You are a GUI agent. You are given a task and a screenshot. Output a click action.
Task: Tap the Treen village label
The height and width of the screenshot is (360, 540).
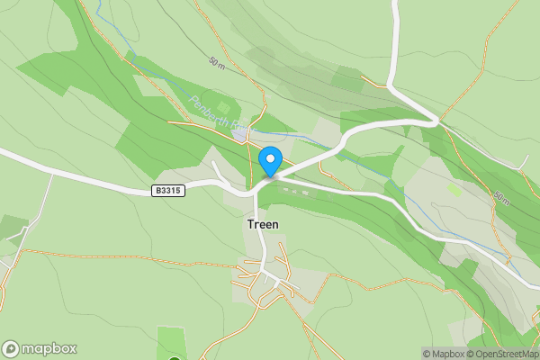(262, 225)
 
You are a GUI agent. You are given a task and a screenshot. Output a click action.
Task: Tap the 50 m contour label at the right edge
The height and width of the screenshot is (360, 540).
(501, 195)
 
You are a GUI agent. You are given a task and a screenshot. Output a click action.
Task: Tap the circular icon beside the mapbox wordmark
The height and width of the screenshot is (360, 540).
(12, 348)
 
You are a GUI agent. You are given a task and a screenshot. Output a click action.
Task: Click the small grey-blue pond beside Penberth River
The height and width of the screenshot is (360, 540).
(240, 135)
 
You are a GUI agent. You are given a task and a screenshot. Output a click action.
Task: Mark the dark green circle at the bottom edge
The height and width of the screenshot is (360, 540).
(174, 357)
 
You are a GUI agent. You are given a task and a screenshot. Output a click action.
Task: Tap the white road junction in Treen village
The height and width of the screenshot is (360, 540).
(262, 270)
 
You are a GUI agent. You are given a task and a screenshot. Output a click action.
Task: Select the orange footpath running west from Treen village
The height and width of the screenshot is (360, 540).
(135, 261)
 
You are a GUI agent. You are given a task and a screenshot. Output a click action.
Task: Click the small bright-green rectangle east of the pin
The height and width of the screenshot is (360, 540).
(454, 190)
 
